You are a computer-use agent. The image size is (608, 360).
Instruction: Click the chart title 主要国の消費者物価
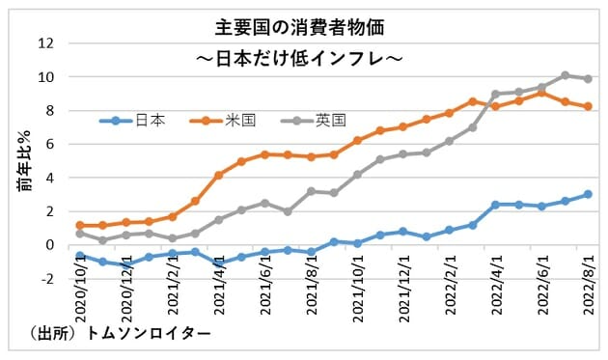(x=304, y=27)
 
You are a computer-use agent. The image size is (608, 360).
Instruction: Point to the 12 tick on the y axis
(x=44, y=43)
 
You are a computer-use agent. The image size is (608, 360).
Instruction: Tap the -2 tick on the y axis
(x=44, y=279)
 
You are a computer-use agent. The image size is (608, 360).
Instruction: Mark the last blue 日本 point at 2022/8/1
(x=588, y=194)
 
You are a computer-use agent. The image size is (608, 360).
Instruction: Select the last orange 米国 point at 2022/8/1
(x=588, y=106)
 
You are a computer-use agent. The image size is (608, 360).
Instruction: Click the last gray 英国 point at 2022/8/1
(x=588, y=79)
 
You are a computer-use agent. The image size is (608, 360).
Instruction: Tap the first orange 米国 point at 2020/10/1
(x=80, y=225)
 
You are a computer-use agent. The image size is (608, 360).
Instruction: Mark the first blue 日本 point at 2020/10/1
(x=80, y=255)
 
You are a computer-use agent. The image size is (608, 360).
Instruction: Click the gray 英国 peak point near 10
(x=566, y=74)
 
